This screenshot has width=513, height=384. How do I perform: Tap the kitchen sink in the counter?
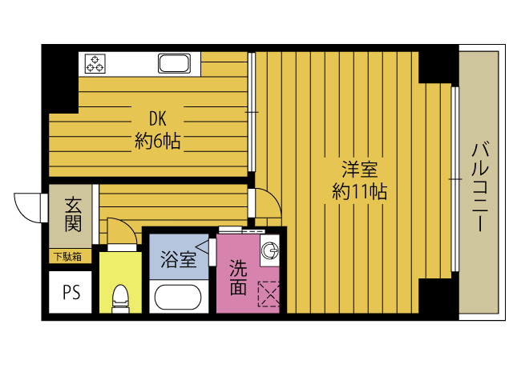[x=174, y=63]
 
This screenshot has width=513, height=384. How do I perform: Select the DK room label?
[x=156, y=120]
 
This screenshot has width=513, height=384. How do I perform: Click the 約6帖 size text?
[x=157, y=142]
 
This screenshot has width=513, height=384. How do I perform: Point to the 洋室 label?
[x=359, y=170]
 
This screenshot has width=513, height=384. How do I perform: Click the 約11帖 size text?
[x=360, y=192]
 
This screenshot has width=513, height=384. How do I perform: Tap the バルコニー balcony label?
[x=481, y=186]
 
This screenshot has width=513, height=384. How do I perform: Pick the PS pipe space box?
[x=71, y=292]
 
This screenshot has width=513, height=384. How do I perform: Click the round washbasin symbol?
[x=270, y=250]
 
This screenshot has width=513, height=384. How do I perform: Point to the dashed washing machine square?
[x=269, y=294]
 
